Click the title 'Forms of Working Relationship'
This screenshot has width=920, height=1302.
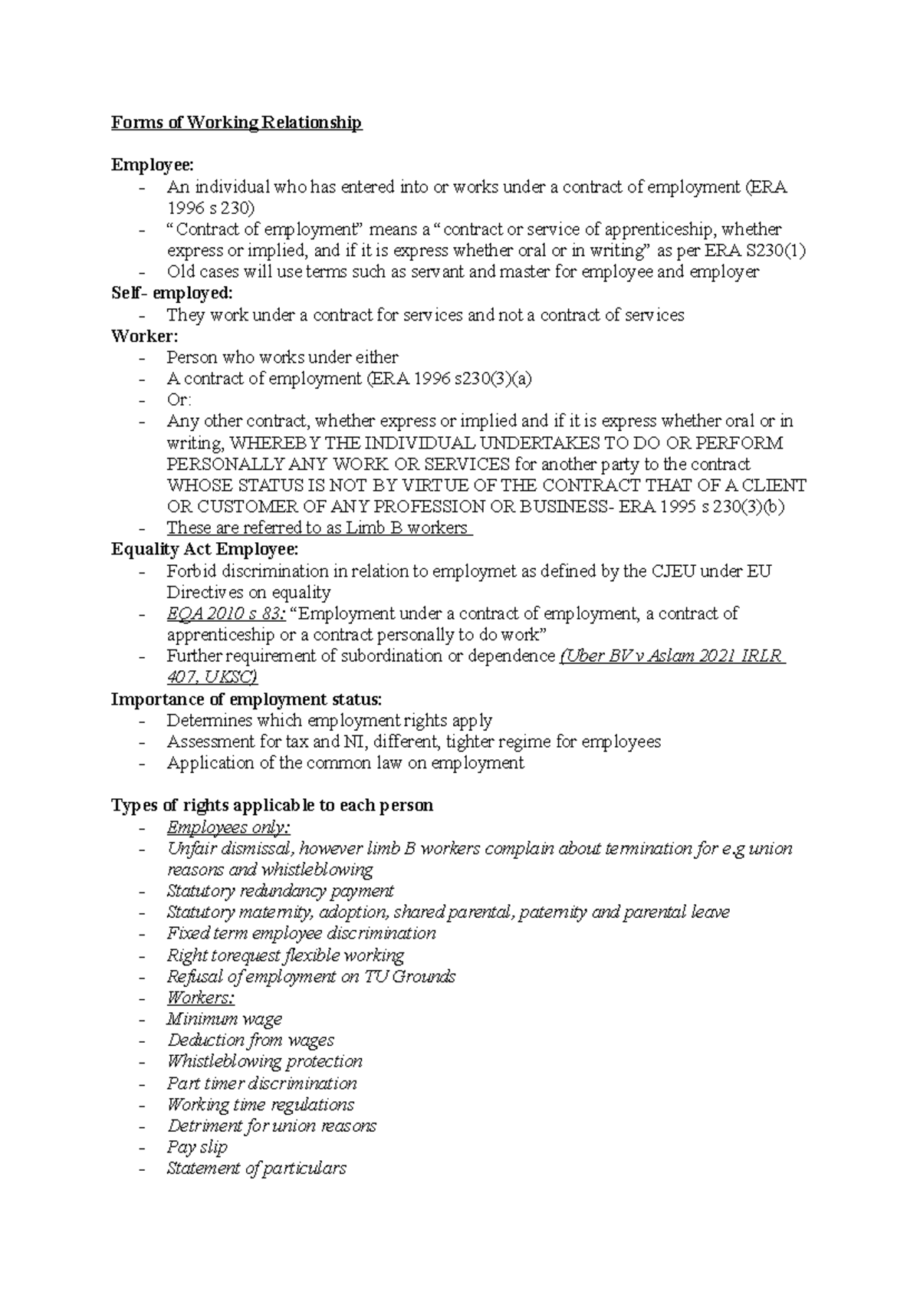pyautogui.click(x=236, y=123)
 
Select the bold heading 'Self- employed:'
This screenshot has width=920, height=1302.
pyautogui.click(x=172, y=293)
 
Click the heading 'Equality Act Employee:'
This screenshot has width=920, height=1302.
pyautogui.click(x=205, y=549)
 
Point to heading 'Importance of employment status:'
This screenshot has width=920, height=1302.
pyautogui.click(x=245, y=699)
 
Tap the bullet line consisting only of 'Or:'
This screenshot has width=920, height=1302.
pyautogui.click(x=179, y=399)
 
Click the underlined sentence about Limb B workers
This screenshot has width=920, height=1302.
pyautogui.click(x=317, y=528)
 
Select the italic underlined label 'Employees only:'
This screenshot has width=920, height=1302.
pyautogui.click(x=228, y=827)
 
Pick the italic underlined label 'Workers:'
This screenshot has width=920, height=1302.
pyautogui.click(x=200, y=998)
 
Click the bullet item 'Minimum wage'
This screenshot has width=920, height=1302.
pyautogui.click(x=224, y=1019)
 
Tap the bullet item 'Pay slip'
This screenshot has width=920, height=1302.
pyautogui.click(x=197, y=1147)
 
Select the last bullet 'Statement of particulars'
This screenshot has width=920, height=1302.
pyautogui.click(x=256, y=1169)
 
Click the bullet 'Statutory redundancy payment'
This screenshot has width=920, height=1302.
pyautogui.click(x=280, y=891)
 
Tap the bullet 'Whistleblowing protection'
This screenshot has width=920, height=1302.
pyautogui.click(x=264, y=1061)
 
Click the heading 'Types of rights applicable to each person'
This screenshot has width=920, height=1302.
pyautogui.click(x=272, y=805)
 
